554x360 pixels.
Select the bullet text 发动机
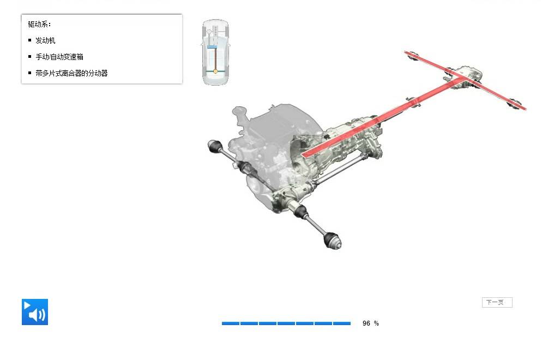(x=45, y=40)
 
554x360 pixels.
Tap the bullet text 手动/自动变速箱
(x=59, y=57)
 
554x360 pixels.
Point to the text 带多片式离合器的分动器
(x=71, y=73)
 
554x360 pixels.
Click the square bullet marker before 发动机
(x=29, y=40)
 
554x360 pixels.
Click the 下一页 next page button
(x=497, y=302)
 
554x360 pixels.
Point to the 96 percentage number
(x=366, y=323)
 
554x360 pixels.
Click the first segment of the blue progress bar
(x=231, y=323)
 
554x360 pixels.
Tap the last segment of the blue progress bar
(x=342, y=323)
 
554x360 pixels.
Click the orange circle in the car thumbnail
(x=215, y=71)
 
